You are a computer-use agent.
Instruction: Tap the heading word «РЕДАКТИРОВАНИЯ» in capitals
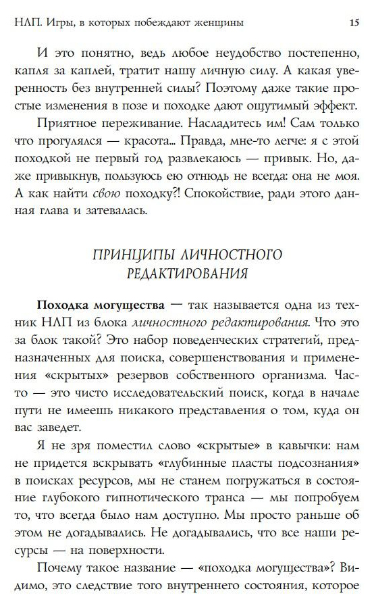186,274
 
